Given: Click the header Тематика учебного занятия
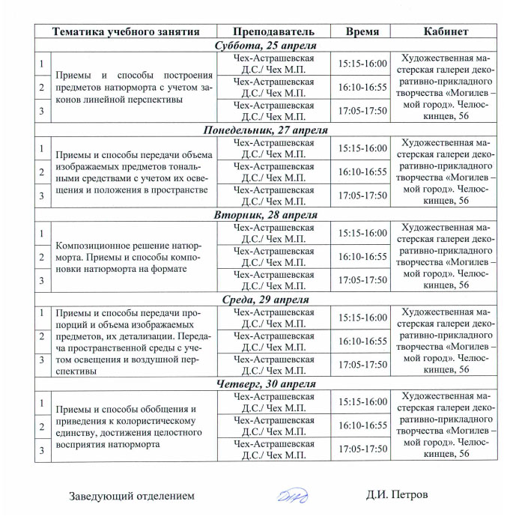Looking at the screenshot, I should pos(125,32).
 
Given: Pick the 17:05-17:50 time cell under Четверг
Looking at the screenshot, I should pos(362,449).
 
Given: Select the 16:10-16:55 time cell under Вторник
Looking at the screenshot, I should pos(362,257).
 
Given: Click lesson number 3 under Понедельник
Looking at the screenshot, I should pos(41,195).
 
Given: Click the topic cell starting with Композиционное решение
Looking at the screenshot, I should pos(129,257).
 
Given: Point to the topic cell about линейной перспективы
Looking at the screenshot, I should pos(129,88).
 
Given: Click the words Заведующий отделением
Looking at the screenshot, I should pos(132,496).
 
